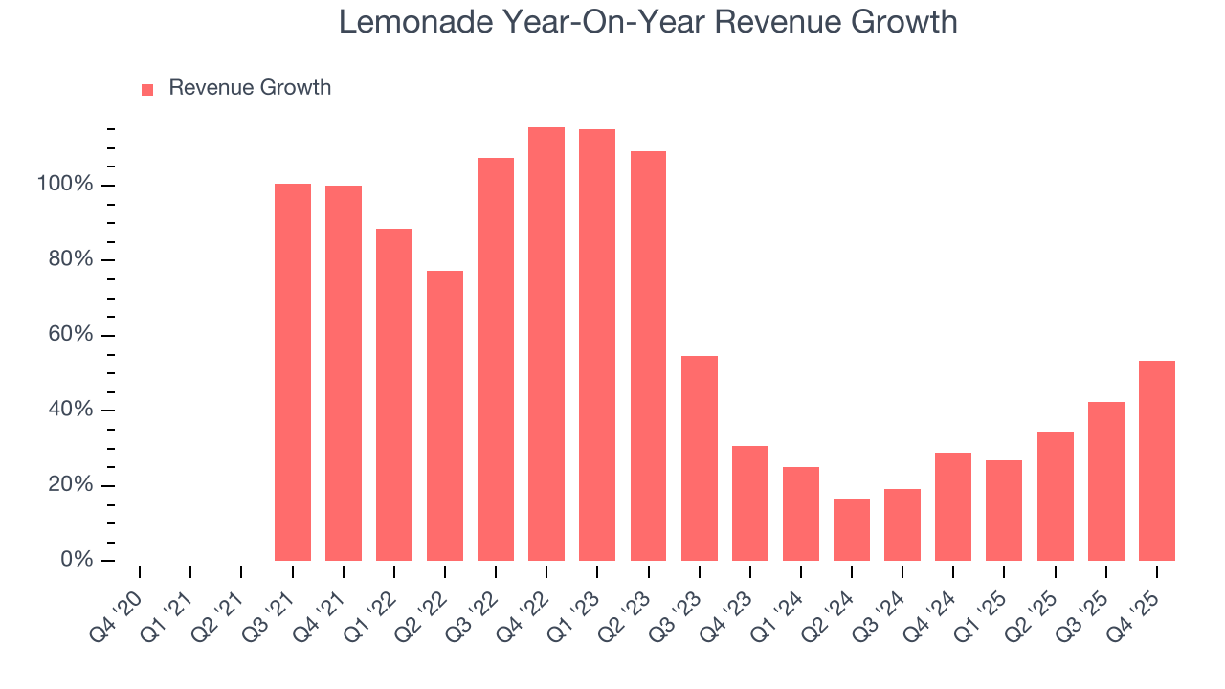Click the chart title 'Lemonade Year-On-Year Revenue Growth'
pos(648,21)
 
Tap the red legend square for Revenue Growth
pos(147,89)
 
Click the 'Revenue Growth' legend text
pos(250,88)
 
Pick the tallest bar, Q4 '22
pos(546,344)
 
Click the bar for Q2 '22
pos(445,415)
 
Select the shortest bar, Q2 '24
pos(851,529)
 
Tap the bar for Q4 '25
pos(1156,460)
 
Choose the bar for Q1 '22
pos(394,394)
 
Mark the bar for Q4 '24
pos(952,506)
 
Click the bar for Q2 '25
pos(1055,496)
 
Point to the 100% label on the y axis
pos(65,184)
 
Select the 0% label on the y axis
pos(77,560)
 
